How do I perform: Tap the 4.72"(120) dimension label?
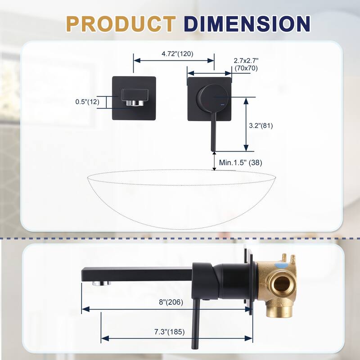(x=177, y=54)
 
